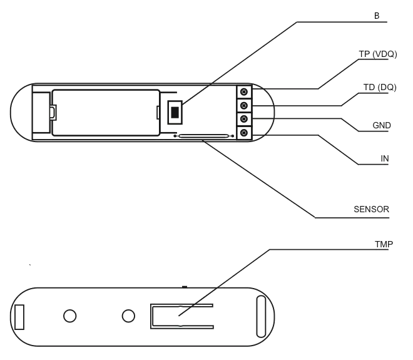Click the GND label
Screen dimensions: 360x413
381,126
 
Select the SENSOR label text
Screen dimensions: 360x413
371,209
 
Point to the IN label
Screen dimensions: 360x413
385,160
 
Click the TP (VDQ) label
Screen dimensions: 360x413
377,54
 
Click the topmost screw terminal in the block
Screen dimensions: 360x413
244,93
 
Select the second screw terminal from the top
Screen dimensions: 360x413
244,106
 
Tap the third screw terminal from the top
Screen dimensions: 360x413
244,119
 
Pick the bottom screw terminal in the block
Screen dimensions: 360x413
244,133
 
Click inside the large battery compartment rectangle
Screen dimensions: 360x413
105,111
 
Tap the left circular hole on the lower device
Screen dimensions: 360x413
70,316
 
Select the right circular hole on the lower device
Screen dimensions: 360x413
128,315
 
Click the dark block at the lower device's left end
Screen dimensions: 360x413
19,316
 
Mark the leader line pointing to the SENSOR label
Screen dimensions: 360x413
263,180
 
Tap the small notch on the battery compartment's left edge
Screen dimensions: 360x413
53,113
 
